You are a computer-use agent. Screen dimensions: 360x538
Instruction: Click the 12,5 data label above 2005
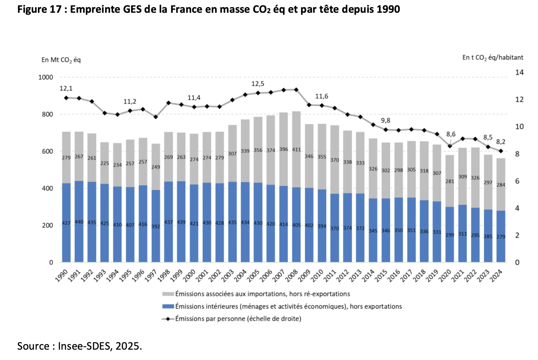click(x=258, y=84)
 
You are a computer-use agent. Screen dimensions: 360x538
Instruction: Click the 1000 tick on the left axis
click(x=46, y=77)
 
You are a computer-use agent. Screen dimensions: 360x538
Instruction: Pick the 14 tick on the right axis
click(x=519, y=72)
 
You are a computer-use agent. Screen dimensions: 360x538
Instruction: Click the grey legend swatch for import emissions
click(x=168, y=294)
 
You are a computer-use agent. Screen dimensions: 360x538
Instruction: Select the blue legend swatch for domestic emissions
click(x=168, y=307)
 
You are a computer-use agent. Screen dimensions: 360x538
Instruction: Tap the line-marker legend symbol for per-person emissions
click(x=168, y=319)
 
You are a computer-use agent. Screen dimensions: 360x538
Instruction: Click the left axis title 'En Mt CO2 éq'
click(x=61, y=60)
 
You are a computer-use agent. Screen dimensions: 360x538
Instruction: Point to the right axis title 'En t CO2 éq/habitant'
click(x=492, y=58)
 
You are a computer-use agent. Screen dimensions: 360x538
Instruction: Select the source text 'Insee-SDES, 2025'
click(x=100, y=346)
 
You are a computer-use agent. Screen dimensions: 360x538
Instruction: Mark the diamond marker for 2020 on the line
click(x=450, y=146)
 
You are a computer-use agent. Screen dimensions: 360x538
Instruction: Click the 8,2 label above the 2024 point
click(x=500, y=142)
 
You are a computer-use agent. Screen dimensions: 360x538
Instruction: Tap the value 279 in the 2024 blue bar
click(x=501, y=237)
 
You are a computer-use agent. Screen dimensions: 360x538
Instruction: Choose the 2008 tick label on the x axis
click(x=291, y=276)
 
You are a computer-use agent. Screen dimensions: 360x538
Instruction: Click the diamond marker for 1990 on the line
click(x=66, y=98)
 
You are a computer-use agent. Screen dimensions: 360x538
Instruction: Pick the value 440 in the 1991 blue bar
click(x=79, y=222)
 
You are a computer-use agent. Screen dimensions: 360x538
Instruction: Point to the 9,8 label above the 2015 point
click(x=386, y=120)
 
